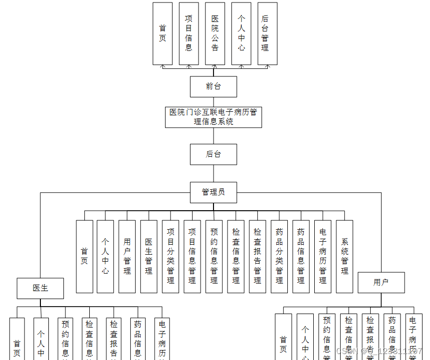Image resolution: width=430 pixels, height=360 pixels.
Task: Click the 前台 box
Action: (x=213, y=86)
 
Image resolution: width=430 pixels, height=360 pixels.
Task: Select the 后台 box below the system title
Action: (x=213, y=154)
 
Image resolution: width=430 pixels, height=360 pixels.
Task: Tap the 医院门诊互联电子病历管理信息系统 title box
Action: (x=213, y=117)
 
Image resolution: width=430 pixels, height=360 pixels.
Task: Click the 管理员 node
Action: (x=213, y=192)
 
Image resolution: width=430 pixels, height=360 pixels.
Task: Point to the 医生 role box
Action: (x=40, y=288)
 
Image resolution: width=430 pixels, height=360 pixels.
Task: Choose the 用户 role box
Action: (x=381, y=283)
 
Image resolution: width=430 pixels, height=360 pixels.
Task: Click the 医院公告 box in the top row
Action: (x=215, y=33)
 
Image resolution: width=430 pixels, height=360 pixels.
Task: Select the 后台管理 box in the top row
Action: (x=267, y=33)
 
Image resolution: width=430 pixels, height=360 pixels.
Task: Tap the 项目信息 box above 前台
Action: (x=189, y=33)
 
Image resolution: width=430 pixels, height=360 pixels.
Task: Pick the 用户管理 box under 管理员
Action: (x=127, y=256)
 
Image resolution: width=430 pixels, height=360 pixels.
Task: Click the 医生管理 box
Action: (x=149, y=256)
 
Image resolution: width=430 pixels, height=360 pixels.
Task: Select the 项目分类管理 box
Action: (x=171, y=256)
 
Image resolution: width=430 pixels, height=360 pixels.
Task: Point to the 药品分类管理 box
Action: (x=279, y=256)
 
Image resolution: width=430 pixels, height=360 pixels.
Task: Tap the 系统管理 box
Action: (x=344, y=256)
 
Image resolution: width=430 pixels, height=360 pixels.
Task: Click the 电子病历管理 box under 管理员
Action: (x=323, y=256)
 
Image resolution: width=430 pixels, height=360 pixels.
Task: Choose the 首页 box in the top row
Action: (x=163, y=33)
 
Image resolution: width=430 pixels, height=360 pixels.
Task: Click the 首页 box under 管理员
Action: (x=84, y=256)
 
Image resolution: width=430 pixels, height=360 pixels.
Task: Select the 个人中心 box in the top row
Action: (x=241, y=33)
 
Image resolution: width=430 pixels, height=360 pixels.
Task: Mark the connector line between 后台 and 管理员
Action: (x=214, y=173)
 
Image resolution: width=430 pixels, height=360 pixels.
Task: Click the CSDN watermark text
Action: (x=379, y=351)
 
